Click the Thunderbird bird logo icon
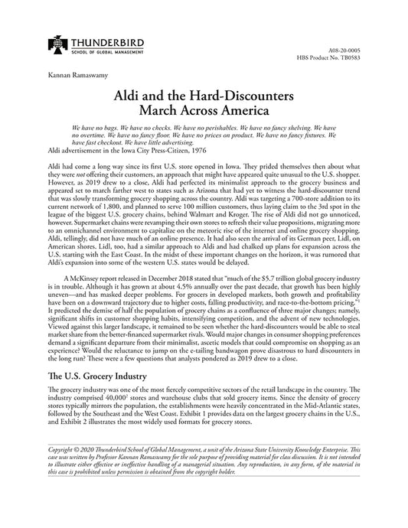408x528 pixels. [x=59, y=47]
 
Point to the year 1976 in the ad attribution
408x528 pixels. [x=194, y=149]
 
